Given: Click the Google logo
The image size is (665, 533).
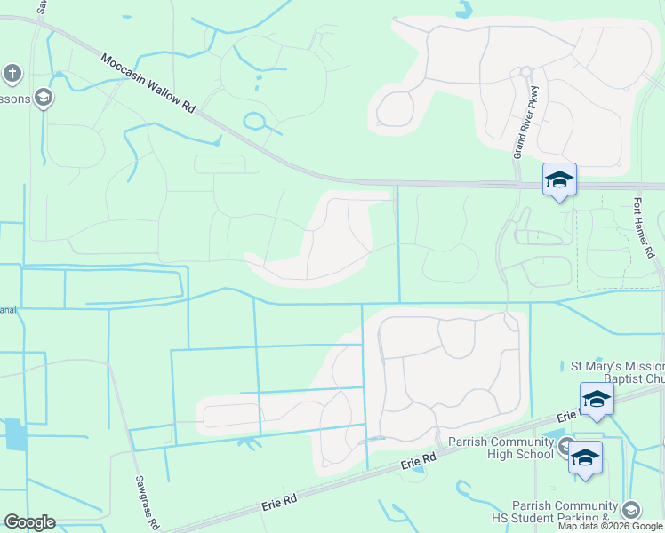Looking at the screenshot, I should point(29,522).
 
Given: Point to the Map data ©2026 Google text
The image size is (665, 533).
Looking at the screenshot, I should point(610,526).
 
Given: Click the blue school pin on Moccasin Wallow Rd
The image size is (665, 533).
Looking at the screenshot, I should point(559,181).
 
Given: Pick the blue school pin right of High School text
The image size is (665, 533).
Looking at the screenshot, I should point(585,457).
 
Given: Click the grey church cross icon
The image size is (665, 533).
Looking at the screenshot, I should point(12,73).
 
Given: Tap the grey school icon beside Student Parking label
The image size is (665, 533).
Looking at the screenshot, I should point(630,509).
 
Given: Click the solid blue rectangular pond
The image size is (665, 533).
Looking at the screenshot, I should point(16,434).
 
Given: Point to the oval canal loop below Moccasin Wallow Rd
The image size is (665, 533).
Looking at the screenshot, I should point(254,121).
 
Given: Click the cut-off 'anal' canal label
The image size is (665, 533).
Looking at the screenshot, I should point(8,310).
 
